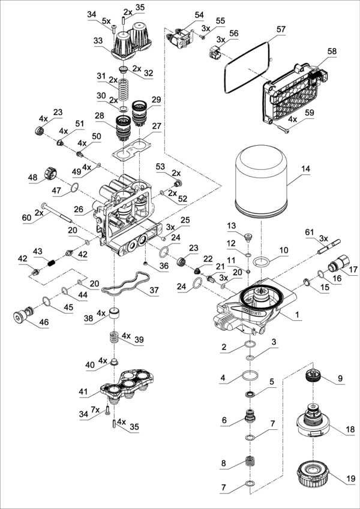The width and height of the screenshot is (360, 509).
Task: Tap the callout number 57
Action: point(281,29)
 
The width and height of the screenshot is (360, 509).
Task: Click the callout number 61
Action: point(309,232)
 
